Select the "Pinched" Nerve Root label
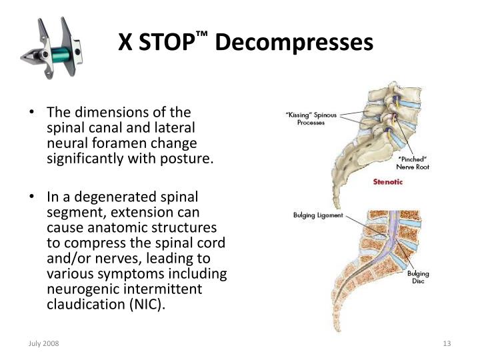(413, 163)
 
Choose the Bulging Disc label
(418, 278)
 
